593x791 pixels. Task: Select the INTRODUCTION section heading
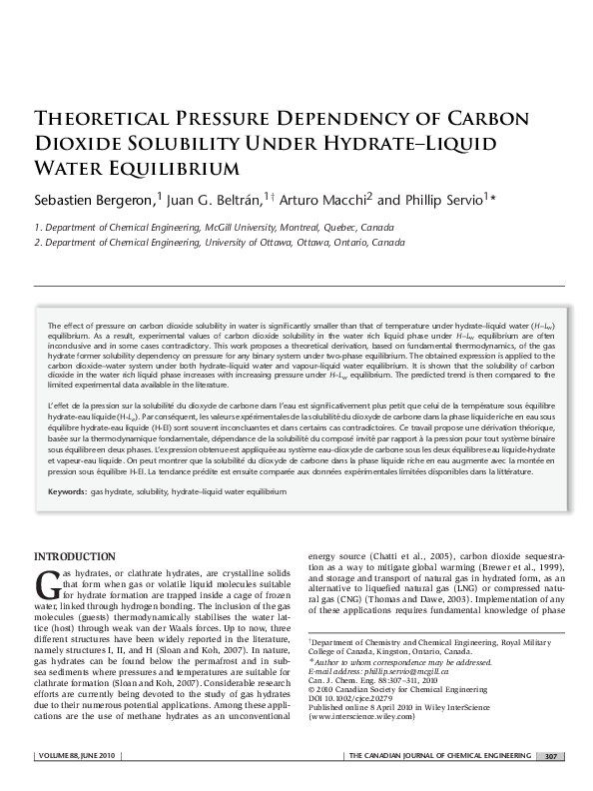pyautogui.click(x=75, y=556)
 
